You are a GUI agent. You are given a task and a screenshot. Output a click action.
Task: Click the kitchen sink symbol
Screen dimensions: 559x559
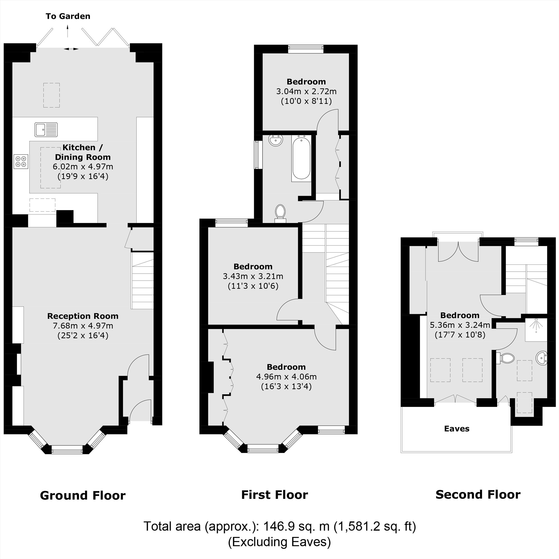tap(46, 130)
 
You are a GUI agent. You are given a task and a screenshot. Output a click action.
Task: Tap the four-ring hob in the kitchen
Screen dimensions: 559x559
tap(21, 162)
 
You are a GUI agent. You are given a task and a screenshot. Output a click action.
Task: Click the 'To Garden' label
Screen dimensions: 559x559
tap(68, 16)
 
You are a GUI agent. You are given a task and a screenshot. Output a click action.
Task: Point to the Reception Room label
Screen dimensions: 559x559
tap(83, 316)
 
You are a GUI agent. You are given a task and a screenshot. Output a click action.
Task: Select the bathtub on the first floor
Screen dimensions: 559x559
tap(302, 158)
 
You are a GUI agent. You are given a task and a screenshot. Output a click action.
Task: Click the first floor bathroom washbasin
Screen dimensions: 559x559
tap(276, 141)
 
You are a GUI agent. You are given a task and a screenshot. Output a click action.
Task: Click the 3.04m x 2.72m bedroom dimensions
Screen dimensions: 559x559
tap(306, 92)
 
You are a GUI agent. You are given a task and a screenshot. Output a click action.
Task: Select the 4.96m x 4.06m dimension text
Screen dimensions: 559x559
tap(286, 377)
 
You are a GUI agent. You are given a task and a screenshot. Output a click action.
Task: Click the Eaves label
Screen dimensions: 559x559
tap(457, 429)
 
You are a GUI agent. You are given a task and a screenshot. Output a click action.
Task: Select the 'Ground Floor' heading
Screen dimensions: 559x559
tap(83, 496)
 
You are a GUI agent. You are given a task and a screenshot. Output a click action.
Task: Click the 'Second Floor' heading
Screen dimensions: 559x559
tap(478, 494)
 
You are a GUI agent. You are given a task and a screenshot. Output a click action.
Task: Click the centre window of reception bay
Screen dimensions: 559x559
tap(67, 449)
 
